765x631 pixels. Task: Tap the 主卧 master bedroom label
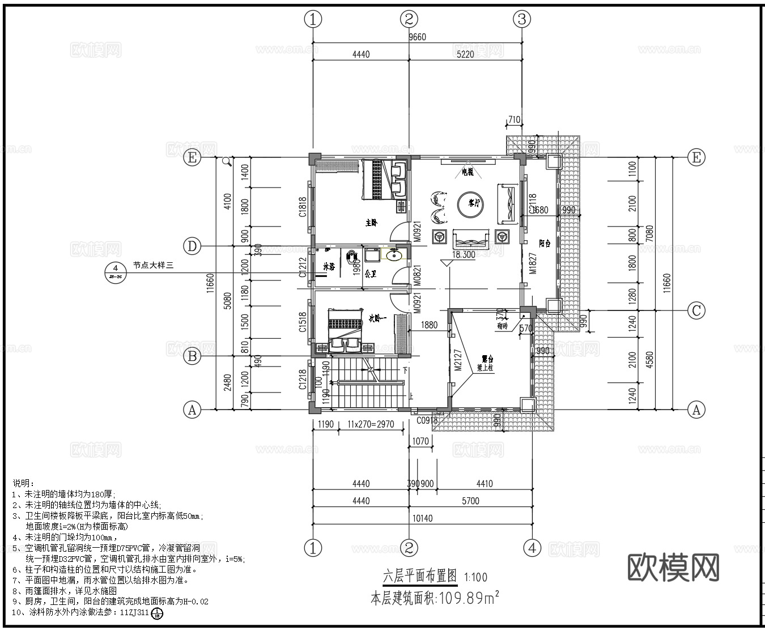tap(371, 223)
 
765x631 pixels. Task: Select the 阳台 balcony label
tap(545, 244)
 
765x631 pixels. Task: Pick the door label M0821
tap(416, 275)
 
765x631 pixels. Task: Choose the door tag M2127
tap(458, 360)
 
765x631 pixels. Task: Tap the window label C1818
tap(303, 207)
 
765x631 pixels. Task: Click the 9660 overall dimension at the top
tap(417, 37)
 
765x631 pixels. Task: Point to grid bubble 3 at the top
tap(521, 19)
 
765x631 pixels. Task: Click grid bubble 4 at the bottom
tap(532, 548)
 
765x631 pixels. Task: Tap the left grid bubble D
tap(192, 246)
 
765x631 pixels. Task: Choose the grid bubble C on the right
tap(696, 310)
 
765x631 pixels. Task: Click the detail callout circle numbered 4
tap(115, 268)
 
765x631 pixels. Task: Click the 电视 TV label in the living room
tap(467, 172)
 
